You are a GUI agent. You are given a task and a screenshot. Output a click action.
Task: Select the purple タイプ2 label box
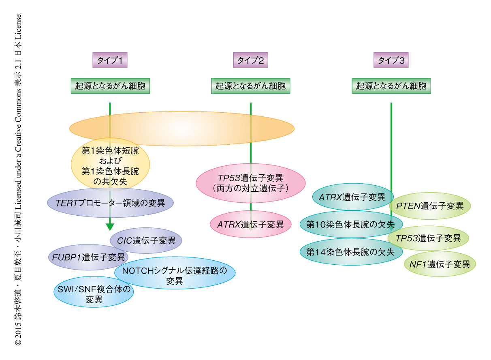[250, 61]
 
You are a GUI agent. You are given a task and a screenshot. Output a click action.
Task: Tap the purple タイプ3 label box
[391, 61]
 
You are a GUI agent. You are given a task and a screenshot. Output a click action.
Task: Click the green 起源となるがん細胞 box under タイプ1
[110, 86]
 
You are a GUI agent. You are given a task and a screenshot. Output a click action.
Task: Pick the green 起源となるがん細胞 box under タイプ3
[391, 86]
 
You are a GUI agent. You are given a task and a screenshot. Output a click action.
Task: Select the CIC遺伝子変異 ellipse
[146, 241]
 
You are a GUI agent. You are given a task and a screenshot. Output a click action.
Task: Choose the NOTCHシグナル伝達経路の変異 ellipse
[175, 272]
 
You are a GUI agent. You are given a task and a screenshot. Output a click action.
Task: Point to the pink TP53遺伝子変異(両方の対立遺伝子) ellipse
[250, 183]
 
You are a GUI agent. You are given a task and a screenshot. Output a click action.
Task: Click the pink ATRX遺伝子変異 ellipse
[250, 224]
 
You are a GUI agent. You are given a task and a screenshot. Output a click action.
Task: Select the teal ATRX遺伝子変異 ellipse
[352, 197]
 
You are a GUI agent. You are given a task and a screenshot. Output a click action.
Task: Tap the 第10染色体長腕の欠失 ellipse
[351, 224]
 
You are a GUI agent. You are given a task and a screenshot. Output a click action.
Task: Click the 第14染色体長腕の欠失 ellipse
[351, 251]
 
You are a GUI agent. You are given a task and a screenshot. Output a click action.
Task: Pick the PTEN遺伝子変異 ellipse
[430, 206]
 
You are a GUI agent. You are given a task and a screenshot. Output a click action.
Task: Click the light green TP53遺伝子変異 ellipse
[428, 238]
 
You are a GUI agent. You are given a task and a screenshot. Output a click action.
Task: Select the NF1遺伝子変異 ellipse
[440, 264]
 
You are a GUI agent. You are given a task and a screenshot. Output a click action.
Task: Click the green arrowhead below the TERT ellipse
[110, 227]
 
